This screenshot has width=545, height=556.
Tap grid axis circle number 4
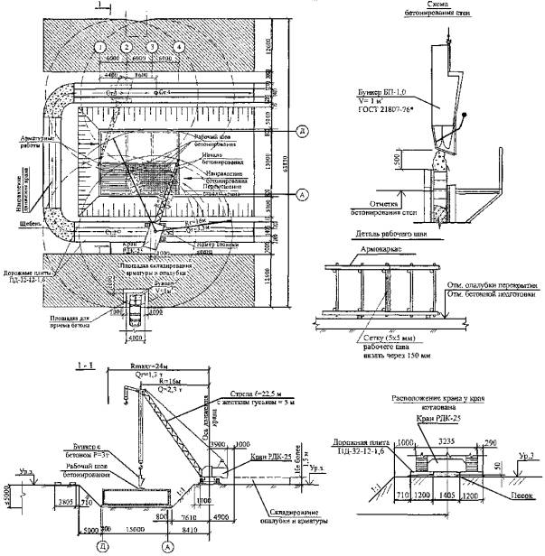pyautogui.click(x=179, y=46)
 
